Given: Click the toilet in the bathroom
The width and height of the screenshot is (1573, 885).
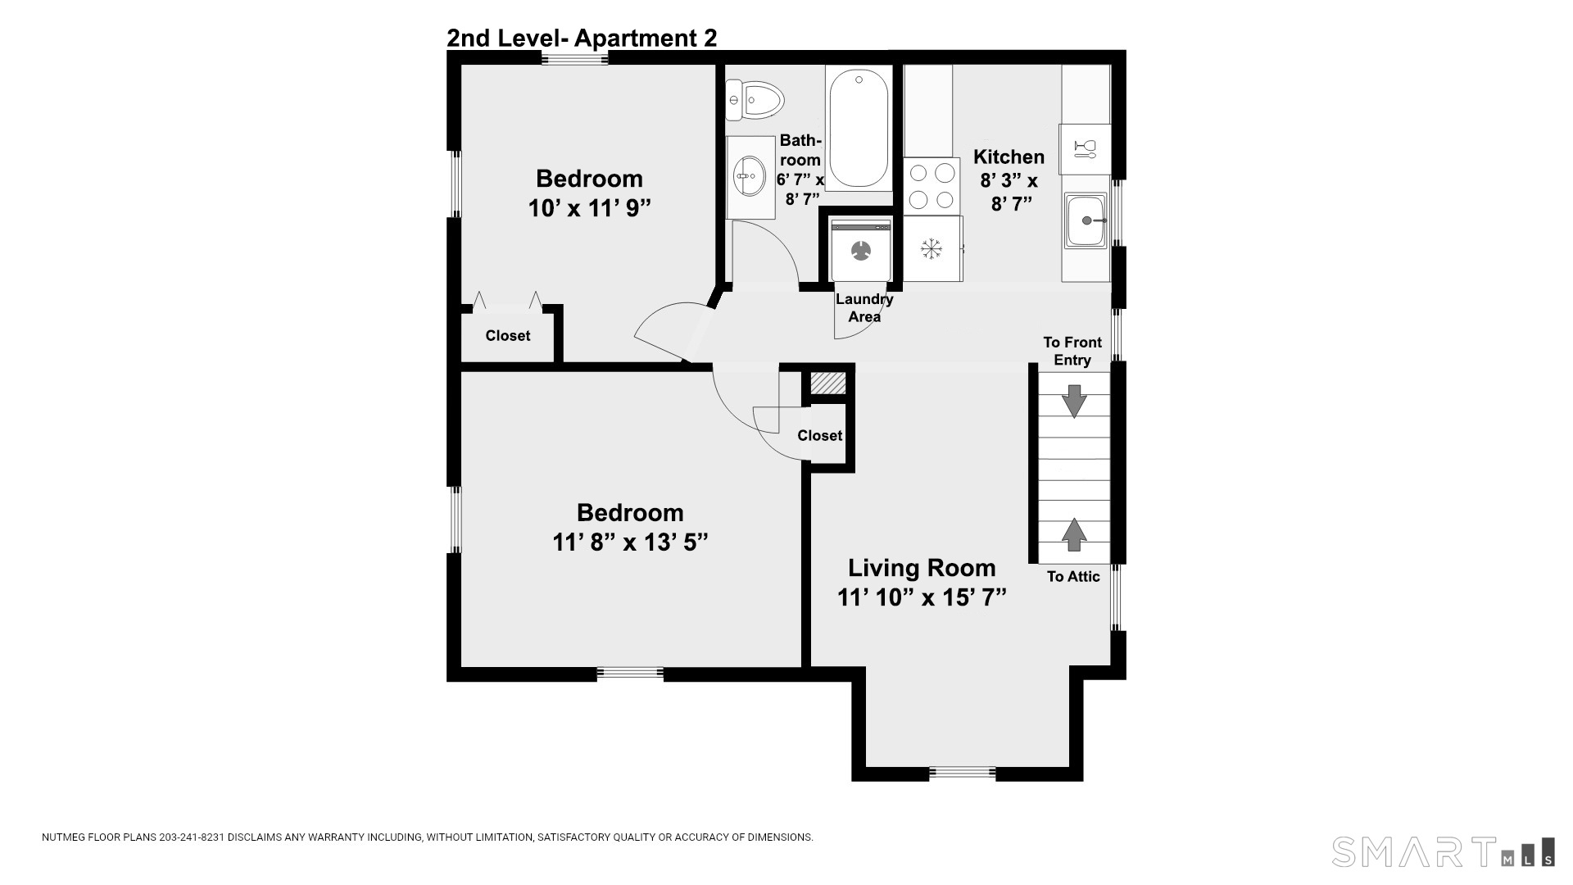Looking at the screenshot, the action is tap(755, 100).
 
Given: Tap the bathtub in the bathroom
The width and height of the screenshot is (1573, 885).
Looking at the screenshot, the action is tap(859, 129).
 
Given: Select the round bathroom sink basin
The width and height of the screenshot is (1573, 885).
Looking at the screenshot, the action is tap(749, 175).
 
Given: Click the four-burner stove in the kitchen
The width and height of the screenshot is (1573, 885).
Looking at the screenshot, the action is tap(932, 186).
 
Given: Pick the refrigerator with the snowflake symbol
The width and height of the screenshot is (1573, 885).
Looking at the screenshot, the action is tap(932, 248).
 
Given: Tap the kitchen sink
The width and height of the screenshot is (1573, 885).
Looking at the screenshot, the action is tap(1086, 220).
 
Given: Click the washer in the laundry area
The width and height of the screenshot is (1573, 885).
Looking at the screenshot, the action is tap(861, 249).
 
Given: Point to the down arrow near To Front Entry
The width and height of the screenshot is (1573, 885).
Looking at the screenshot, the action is tap(1073, 402).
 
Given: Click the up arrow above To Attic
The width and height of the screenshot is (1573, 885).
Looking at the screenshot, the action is tap(1073, 534).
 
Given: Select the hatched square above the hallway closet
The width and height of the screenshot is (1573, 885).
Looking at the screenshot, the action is tap(827, 383).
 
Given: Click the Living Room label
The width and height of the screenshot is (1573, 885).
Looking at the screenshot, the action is tap(922, 568).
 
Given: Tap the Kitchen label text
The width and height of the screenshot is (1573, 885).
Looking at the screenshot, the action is tap(1009, 157).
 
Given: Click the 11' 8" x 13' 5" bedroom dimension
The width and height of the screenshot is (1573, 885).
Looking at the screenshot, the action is tap(630, 542).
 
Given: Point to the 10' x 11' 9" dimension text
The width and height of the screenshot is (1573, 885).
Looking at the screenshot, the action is tap(589, 208).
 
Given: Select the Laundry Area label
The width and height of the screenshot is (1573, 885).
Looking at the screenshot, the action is tap(864, 308).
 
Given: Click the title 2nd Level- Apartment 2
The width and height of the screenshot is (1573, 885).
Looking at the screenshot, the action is tap(582, 38).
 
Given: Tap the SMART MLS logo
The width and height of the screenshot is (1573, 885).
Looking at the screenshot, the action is tap(1443, 851).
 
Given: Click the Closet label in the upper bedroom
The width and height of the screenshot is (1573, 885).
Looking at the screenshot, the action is tap(508, 336).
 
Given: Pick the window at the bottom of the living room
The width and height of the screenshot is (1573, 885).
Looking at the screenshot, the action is tap(963, 772).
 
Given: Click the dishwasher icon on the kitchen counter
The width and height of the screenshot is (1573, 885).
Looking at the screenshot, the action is tap(1085, 149).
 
